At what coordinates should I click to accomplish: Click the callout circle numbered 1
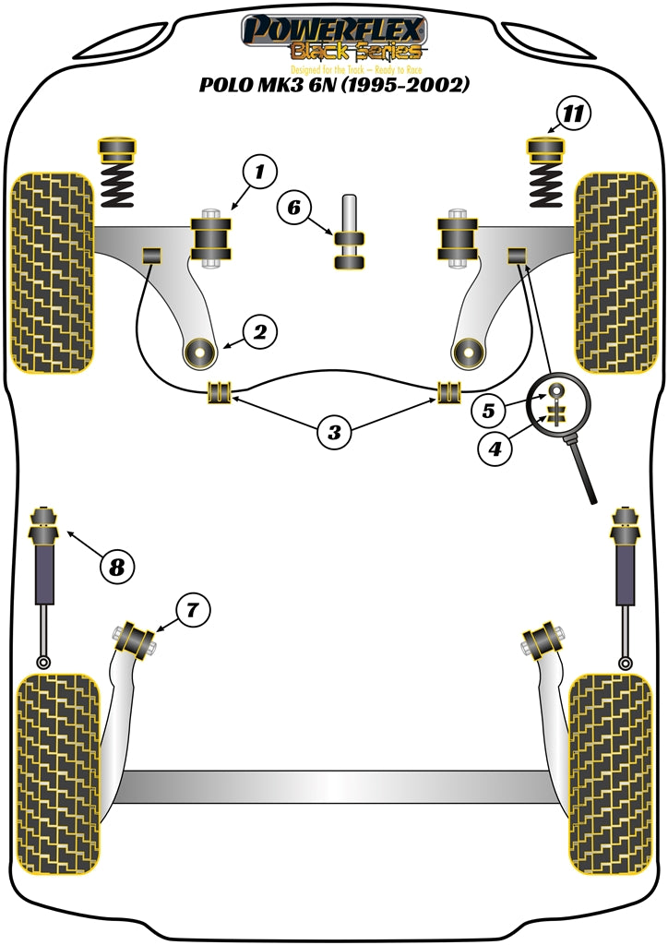[x=261, y=172]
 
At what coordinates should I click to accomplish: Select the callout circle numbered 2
[x=260, y=332]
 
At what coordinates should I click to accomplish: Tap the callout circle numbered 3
[x=334, y=430]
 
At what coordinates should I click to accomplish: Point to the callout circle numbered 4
[x=495, y=449]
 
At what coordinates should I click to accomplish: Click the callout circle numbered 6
[x=293, y=208]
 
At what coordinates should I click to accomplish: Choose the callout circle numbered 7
[x=192, y=609]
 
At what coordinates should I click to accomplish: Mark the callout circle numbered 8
[x=117, y=565]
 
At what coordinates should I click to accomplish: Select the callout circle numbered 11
[x=574, y=114]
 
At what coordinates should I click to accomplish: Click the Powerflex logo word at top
[x=334, y=28]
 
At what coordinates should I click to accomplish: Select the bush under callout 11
[x=544, y=148]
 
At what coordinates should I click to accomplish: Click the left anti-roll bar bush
[x=221, y=392]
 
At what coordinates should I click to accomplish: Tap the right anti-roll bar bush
[x=448, y=392]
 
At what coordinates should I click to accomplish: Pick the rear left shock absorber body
[x=44, y=579]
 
